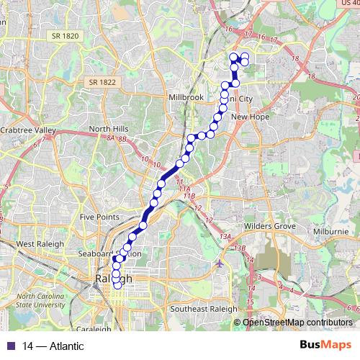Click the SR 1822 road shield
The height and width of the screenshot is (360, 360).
click(103, 83)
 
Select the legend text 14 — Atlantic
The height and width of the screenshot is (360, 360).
click(53, 346)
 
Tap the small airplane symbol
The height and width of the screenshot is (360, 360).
click(219, 263)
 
